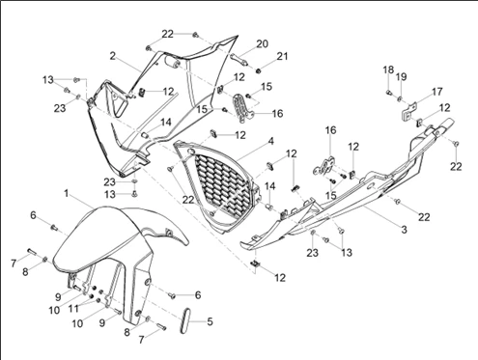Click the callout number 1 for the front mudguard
click(67, 194)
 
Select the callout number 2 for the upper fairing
click(112, 56)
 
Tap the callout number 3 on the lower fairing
click(404, 230)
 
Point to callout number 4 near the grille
click(271, 141)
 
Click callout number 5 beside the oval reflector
click(210, 321)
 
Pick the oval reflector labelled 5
click(186, 320)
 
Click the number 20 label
click(262, 43)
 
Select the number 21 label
click(282, 56)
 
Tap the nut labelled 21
click(258, 70)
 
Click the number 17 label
click(436, 92)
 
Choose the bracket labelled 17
click(408, 111)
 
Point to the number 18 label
click(388, 69)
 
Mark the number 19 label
click(401, 77)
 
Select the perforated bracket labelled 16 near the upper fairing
click(243, 108)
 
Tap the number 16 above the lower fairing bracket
click(330, 130)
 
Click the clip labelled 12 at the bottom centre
click(255, 263)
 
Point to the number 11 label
click(73, 309)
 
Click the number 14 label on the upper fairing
click(166, 123)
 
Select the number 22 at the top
click(167, 34)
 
